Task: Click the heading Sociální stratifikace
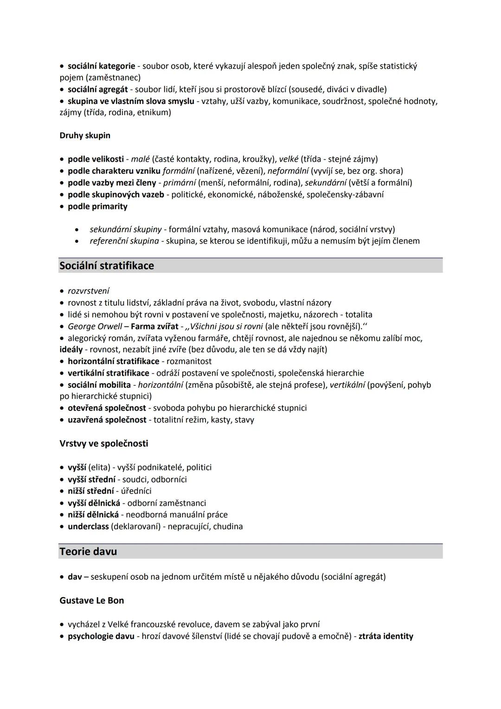[x=107, y=266]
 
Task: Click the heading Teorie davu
[x=88, y=552]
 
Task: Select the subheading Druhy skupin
[x=85, y=136]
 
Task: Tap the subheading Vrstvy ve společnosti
[x=104, y=443]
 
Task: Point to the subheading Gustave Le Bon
[x=92, y=600]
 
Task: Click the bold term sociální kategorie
[x=101, y=66]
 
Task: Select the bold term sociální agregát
[x=97, y=89]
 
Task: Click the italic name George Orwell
[x=95, y=326]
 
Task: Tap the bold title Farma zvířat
[x=154, y=326]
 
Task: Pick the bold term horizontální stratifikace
[x=113, y=361]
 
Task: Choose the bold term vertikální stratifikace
[x=109, y=373]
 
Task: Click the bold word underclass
[x=88, y=527]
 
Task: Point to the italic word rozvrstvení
[x=89, y=291]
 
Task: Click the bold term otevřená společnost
[x=107, y=408]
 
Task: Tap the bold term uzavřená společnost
[x=107, y=420]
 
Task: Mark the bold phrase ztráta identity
[x=385, y=636]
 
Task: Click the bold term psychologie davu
[x=101, y=636]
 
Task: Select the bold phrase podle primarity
[x=97, y=206]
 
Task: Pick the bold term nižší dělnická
[x=93, y=514]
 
